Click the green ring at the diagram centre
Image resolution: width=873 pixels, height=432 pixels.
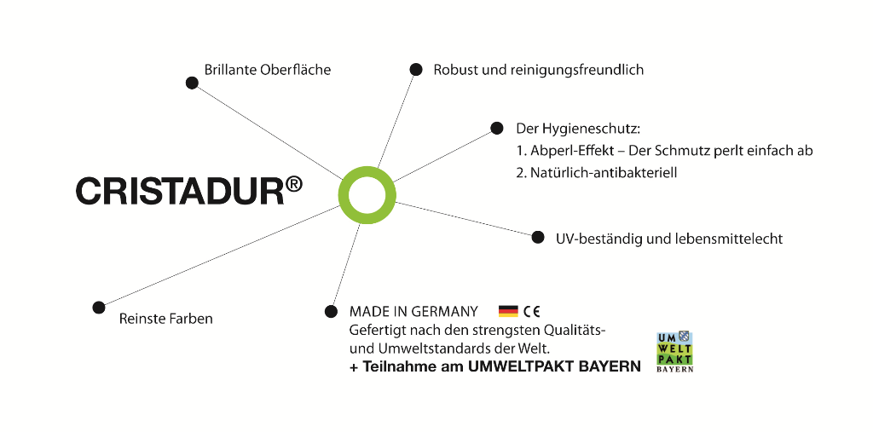point(367,195)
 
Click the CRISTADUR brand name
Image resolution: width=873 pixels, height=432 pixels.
point(179,191)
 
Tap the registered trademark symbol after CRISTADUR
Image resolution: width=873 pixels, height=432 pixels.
point(293,183)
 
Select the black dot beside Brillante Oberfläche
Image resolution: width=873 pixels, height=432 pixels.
point(192,83)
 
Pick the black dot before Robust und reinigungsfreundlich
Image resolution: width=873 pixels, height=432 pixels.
point(416,69)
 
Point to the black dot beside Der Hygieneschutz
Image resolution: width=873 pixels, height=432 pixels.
point(497,129)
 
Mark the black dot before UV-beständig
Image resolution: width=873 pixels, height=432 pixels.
point(538,237)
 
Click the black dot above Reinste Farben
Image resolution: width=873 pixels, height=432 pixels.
point(99,307)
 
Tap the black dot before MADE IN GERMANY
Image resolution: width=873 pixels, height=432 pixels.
point(332,311)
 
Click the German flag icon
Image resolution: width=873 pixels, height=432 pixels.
point(508,311)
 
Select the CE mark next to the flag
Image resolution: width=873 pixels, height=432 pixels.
point(531,311)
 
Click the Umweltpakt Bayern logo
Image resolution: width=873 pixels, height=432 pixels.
point(674,352)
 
